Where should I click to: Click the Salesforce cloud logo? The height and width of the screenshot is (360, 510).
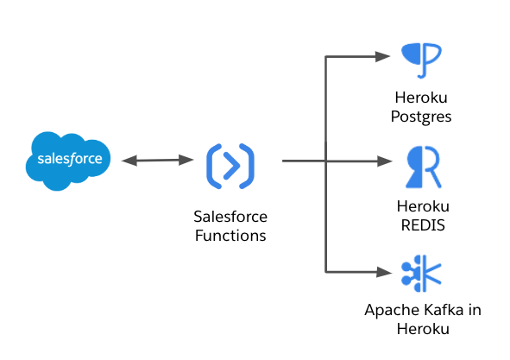(x=68, y=161)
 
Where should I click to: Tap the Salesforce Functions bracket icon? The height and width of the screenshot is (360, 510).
(x=230, y=166)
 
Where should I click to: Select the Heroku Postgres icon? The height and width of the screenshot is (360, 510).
(x=421, y=60)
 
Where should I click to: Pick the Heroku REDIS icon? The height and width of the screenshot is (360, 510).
(x=423, y=167)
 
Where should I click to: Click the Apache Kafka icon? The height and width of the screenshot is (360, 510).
(x=421, y=274)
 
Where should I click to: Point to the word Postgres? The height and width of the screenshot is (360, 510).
(x=421, y=117)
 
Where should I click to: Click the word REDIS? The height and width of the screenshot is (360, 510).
(x=423, y=225)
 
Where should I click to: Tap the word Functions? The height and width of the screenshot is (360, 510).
(x=230, y=236)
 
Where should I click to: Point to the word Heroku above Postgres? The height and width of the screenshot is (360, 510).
(x=421, y=98)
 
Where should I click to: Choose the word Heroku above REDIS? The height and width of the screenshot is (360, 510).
(x=423, y=206)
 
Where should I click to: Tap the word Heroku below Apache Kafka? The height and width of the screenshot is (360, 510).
(x=423, y=329)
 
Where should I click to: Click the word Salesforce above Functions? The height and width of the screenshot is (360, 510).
(x=230, y=217)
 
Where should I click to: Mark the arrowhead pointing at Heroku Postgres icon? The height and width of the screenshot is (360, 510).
(x=383, y=57)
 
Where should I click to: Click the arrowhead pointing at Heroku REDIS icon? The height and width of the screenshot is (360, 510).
(x=385, y=161)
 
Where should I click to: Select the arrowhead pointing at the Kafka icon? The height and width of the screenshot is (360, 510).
(x=384, y=272)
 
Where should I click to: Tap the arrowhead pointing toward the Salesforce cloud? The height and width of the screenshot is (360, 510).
(x=129, y=161)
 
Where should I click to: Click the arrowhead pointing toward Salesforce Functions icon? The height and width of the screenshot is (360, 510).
(x=186, y=160)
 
